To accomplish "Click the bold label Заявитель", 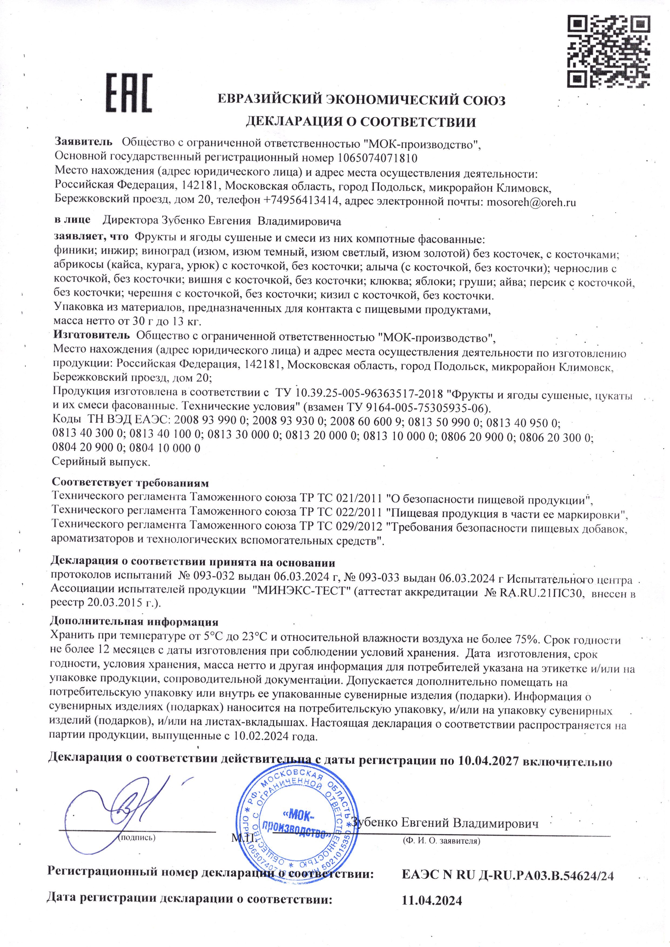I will [84, 142].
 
